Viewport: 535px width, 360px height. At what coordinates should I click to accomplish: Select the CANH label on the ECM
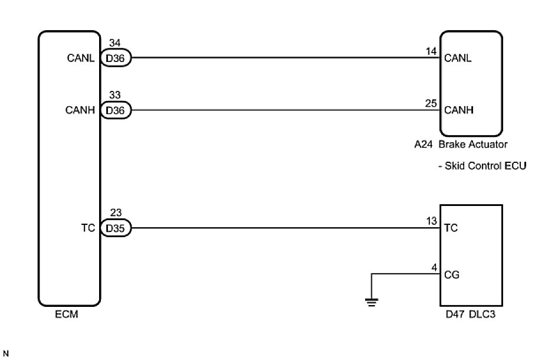tap(84, 110)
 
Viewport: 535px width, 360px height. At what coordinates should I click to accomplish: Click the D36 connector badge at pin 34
tap(116, 58)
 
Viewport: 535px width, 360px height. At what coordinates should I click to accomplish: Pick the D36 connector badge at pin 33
tap(116, 110)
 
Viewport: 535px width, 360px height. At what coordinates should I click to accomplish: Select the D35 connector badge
tap(116, 228)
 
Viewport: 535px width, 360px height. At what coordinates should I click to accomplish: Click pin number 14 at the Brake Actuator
tap(432, 52)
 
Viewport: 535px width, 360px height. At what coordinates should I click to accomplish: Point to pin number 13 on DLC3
tap(432, 221)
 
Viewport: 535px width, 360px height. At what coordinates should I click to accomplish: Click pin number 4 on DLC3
tap(434, 268)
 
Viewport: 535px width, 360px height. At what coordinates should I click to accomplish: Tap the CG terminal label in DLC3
tap(452, 274)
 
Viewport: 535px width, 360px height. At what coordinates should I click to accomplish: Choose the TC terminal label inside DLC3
tap(451, 228)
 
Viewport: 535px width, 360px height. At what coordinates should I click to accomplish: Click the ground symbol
tap(371, 303)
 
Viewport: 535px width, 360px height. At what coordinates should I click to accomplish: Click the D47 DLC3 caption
tap(471, 315)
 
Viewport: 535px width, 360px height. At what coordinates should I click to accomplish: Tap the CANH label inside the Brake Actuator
tap(458, 110)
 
